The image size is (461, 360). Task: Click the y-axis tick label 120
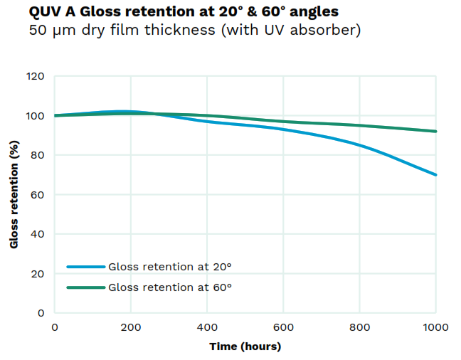(x=36, y=76)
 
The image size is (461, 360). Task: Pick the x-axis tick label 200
(x=131, y=327)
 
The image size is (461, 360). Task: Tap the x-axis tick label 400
(x=207, y=327)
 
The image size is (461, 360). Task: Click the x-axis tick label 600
(x=283, y=327)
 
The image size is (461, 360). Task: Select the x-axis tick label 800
(x=359, y=327)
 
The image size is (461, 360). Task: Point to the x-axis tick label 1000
(x=435, y=327)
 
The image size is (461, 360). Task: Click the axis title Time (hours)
(x=245, y=346)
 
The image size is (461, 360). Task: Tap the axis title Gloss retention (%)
(x=14, y=194)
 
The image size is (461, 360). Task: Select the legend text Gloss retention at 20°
(x=170, y=267)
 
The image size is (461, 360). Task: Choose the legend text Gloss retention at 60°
(x=170, y=287)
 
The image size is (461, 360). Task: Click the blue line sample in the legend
(x=85, y=267)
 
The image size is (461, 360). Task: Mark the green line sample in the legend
(x=85, y=287)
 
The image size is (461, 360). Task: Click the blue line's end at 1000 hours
(x=435, y=174)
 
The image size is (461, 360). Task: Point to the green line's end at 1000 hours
(x=435, y=131)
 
